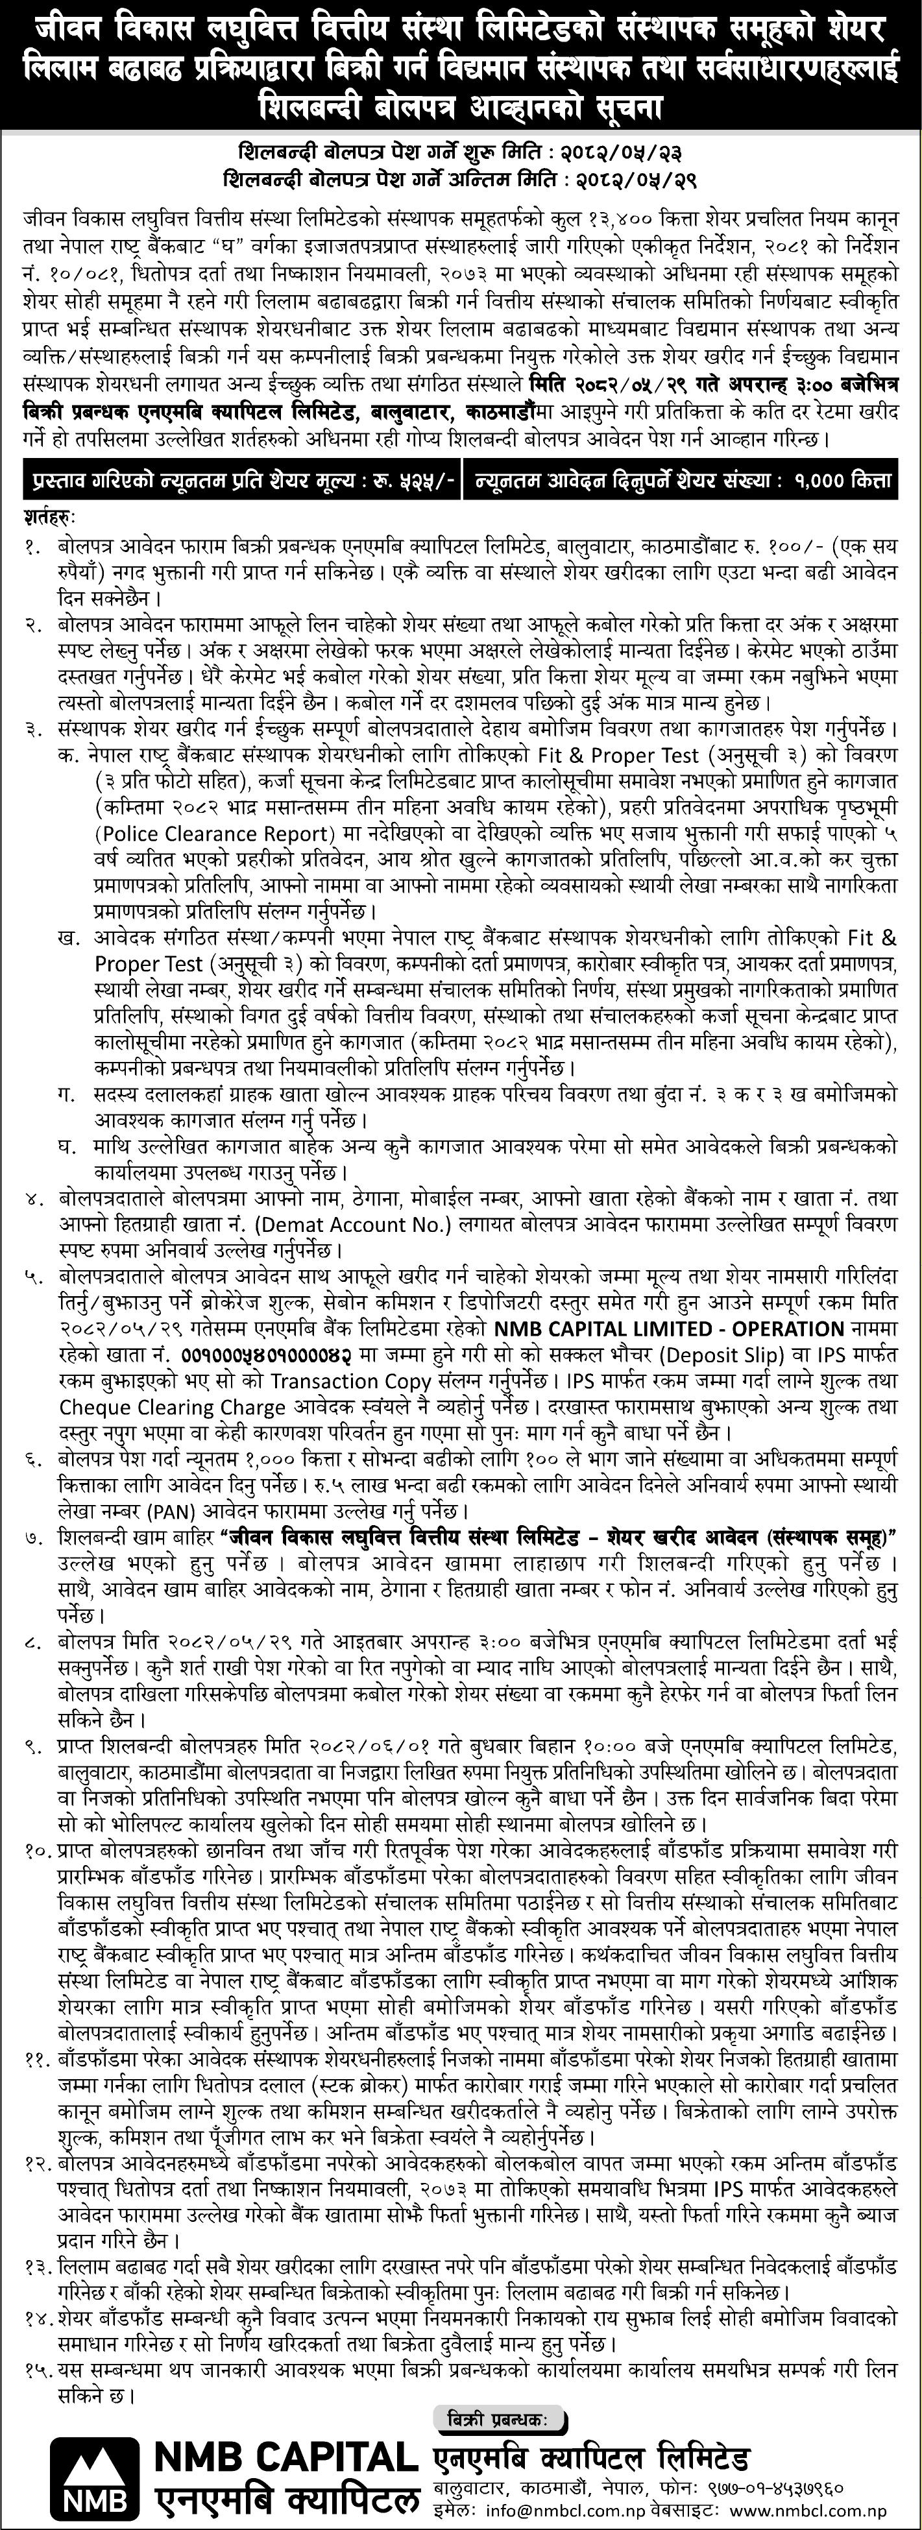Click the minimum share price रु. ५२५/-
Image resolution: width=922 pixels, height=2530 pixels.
tap(407, 480)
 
